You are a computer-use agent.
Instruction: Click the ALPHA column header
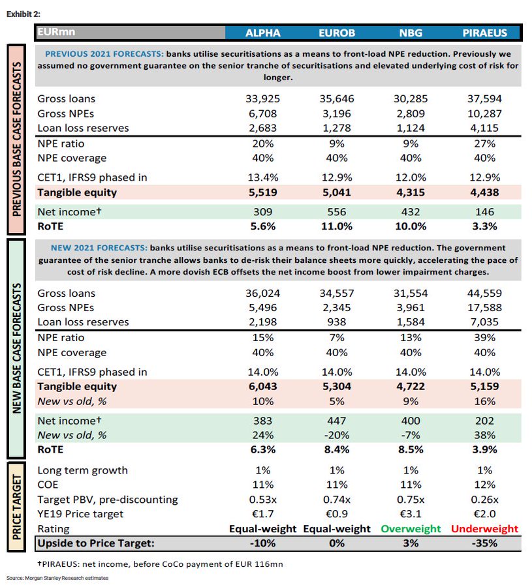click(x=262, y=33)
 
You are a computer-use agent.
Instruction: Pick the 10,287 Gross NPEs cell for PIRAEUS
click(x=483, y=113)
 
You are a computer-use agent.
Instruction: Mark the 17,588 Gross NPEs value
click(x=483, y=308)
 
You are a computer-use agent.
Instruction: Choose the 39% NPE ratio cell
click(x=483, y=338)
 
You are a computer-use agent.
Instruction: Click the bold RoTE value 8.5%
click(x=411, y=449)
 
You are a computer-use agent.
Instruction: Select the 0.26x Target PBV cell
click(x=483, y=499)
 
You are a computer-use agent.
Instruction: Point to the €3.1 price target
click(x=411, y=514)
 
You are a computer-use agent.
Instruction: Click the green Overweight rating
click(x=411, y=528)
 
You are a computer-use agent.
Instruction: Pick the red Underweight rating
click(x=483, y=528)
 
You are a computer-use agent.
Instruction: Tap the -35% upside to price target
click(x=483, y=543)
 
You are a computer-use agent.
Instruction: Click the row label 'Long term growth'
click(x=82, y=470)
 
